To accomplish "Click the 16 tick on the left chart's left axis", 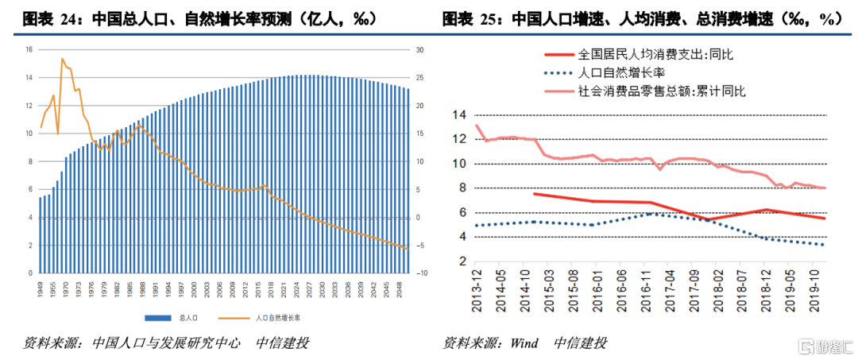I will tap(29, 49).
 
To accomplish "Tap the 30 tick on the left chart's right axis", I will tap(419, 49).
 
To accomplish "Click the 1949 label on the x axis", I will tap(40, 287).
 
